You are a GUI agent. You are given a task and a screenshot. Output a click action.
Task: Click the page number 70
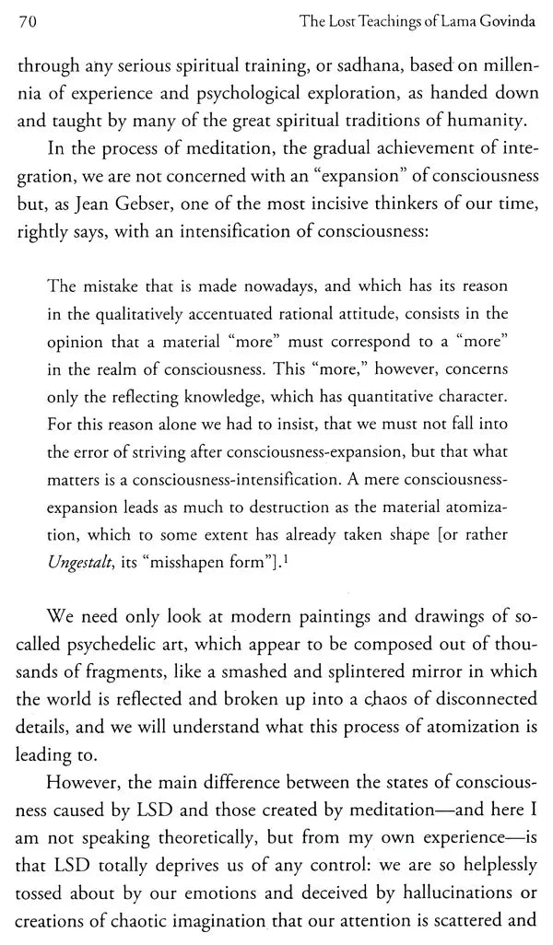26,17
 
